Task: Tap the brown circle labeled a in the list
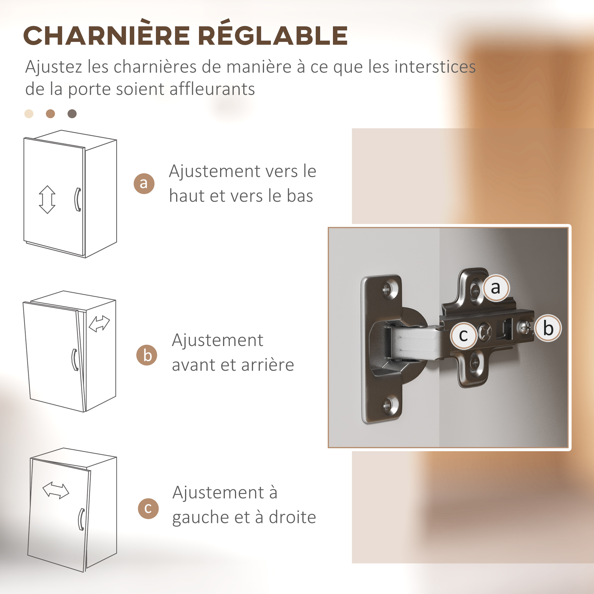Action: point(144,184)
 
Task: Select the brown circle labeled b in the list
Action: point(147,355)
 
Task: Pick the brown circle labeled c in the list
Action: point(148,508)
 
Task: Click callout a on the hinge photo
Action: point(496,288)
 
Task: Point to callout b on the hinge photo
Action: point(548,328)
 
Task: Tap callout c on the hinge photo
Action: point(464,335)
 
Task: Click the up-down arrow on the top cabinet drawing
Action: point(47,200)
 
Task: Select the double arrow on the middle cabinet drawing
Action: point(99,324)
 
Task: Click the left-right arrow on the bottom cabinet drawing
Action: point(56,490)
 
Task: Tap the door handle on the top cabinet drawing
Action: point(78,200)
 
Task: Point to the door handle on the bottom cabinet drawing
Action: point(81,519)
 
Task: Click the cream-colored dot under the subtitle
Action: point(29,114)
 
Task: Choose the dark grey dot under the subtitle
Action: point(72,114)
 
